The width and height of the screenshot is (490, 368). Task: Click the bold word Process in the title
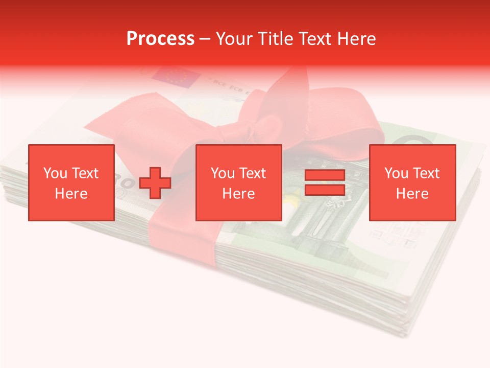coord(160,39)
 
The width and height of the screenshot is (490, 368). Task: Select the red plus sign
coord(155,183)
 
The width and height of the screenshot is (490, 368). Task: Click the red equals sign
coord(325,182)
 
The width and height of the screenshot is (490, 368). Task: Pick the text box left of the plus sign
coord(71,182)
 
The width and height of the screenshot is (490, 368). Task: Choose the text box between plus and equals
coord(239,182)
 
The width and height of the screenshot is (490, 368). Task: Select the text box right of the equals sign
coord(412,182)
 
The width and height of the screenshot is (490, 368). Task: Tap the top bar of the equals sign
coord(325,175)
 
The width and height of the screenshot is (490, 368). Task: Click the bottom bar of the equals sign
coord(325,190)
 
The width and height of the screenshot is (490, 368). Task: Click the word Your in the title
coord(235,39)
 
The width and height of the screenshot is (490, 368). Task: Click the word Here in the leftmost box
coord(71,194)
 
